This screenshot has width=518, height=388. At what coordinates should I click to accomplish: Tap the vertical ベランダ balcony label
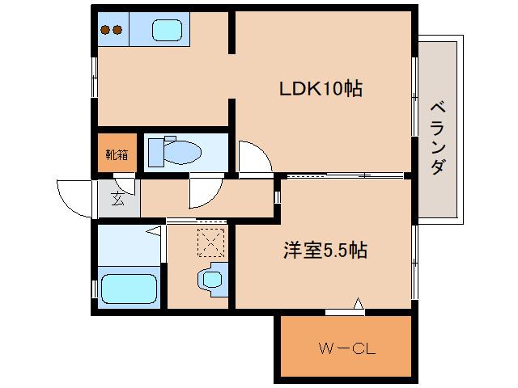point(437,138)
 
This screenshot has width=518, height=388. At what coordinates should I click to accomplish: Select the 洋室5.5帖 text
point(325,251)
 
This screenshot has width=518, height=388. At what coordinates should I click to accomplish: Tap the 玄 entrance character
point(118,197)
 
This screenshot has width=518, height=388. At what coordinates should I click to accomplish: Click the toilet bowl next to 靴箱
point(187,152)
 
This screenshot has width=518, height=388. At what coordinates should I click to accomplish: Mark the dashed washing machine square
point(210,242)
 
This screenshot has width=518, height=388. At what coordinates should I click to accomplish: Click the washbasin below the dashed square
point(212,278)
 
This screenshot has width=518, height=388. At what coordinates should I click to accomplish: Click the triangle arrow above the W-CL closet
point(358,305)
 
